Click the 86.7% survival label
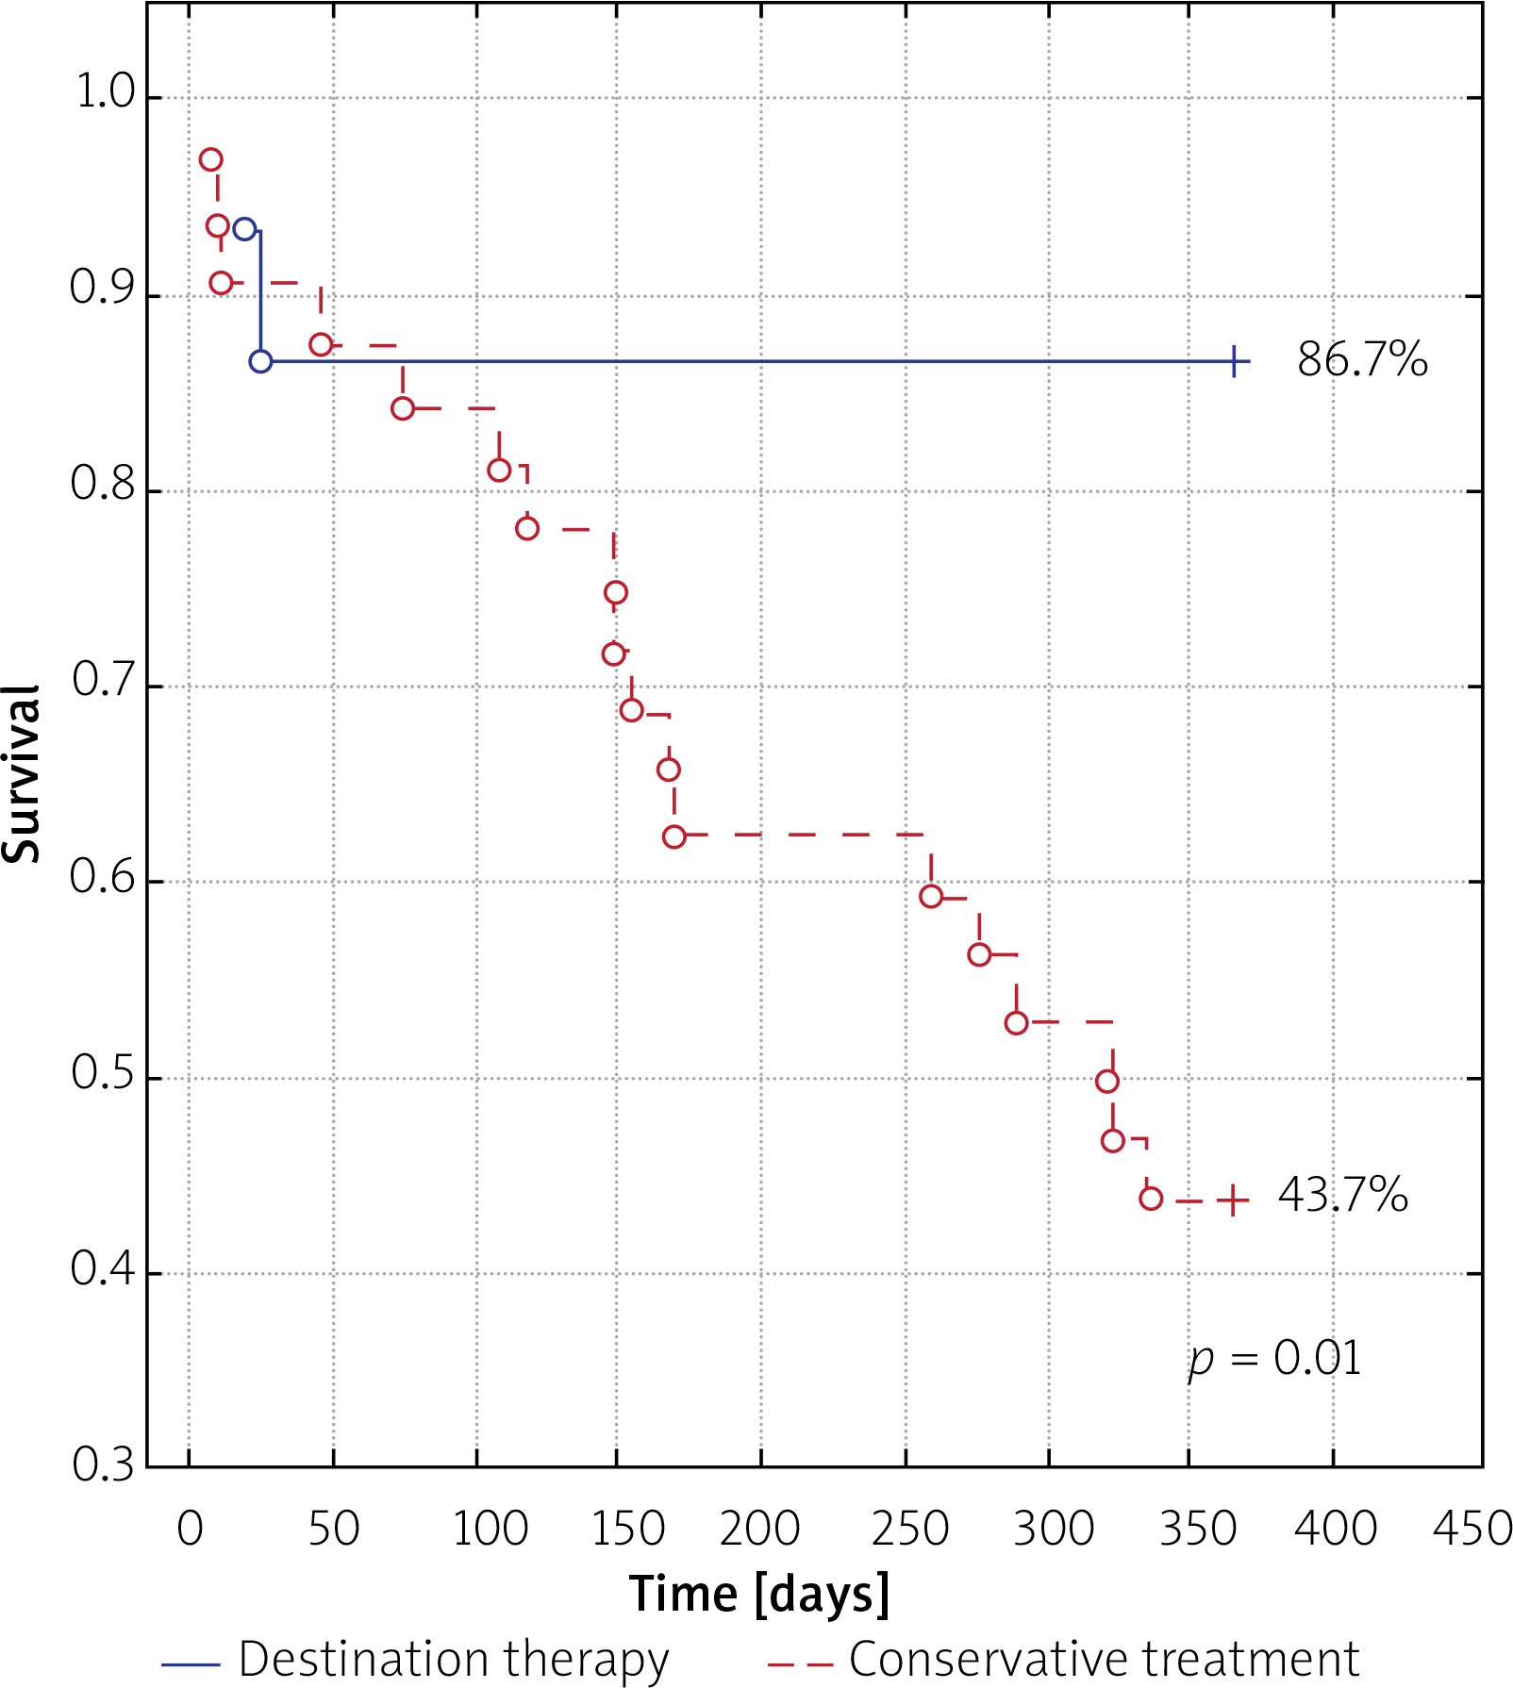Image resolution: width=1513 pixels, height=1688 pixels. (x=1361, y=360)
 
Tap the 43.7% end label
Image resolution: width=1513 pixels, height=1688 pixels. (x=1342, y=1195)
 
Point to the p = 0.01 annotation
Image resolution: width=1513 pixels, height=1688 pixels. (x=1274, y=1359)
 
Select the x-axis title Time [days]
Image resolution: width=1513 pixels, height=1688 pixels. (x=759, y=1593)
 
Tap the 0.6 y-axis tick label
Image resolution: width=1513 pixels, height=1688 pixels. (x=103, y=878)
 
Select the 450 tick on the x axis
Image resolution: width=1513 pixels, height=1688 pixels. (x=1472, y=1529)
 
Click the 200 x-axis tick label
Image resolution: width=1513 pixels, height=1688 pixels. (x=759, y=1529)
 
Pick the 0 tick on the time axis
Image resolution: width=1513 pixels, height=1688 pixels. (x=190, y=1529)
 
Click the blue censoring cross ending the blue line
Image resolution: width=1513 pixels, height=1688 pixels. (x=1235, y=361)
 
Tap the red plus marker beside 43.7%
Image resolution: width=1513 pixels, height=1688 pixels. (x=1233, y=1200)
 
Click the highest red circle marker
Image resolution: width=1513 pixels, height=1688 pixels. (x=211, y=159)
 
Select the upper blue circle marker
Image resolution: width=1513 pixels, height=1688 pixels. (x=244, y=229)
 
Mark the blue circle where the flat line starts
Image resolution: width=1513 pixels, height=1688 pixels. (x=260, y=361)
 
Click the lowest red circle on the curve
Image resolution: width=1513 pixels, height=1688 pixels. (x=1151, y=1199)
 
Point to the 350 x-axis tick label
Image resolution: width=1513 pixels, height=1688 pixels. (x=1197, y=1529)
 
